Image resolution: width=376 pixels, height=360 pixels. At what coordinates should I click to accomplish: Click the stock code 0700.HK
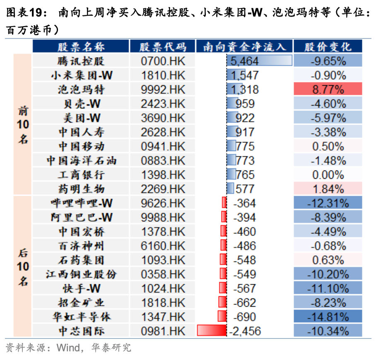(x=163, y=61)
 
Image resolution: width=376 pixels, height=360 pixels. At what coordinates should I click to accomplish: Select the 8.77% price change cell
(x=328, y=89)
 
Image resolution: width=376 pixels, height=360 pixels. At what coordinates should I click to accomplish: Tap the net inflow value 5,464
(x=244, y=61)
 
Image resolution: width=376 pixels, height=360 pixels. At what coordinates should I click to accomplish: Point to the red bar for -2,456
(x=212, y=331)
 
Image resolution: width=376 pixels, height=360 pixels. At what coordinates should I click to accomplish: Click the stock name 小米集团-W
(x=81, y=75)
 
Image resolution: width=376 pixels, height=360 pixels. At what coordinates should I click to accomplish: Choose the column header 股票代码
(x=163, y=46)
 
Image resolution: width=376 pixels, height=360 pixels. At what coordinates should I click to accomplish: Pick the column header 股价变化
(x=328, y=46)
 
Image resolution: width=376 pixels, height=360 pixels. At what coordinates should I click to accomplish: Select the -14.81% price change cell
(x=328, y=317)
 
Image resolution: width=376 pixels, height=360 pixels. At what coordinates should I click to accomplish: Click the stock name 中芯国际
(x=81, y=331)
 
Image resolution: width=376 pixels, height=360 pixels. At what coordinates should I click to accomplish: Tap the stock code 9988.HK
(x=163, y=217)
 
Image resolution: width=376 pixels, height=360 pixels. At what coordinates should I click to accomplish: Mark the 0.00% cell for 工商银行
(x=328, y=175)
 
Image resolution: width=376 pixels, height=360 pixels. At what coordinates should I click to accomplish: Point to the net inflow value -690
(x=244, y=317)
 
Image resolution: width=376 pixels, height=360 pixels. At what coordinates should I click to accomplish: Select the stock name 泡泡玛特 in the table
(x=81, y=89)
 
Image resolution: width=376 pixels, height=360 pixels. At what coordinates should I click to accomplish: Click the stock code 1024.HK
(x=163, y=288)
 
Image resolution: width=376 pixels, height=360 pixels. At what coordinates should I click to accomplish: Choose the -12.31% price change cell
(x=328, y=203)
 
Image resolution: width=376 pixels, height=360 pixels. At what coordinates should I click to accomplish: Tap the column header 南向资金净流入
(x=244, y=46)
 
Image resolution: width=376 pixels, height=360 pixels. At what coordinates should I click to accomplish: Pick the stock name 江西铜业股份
(x=81, y=274)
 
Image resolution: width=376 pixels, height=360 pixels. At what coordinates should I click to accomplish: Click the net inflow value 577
(x=245, y=189)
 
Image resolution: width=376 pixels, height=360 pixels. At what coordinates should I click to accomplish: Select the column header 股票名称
(x=81, y=46)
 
